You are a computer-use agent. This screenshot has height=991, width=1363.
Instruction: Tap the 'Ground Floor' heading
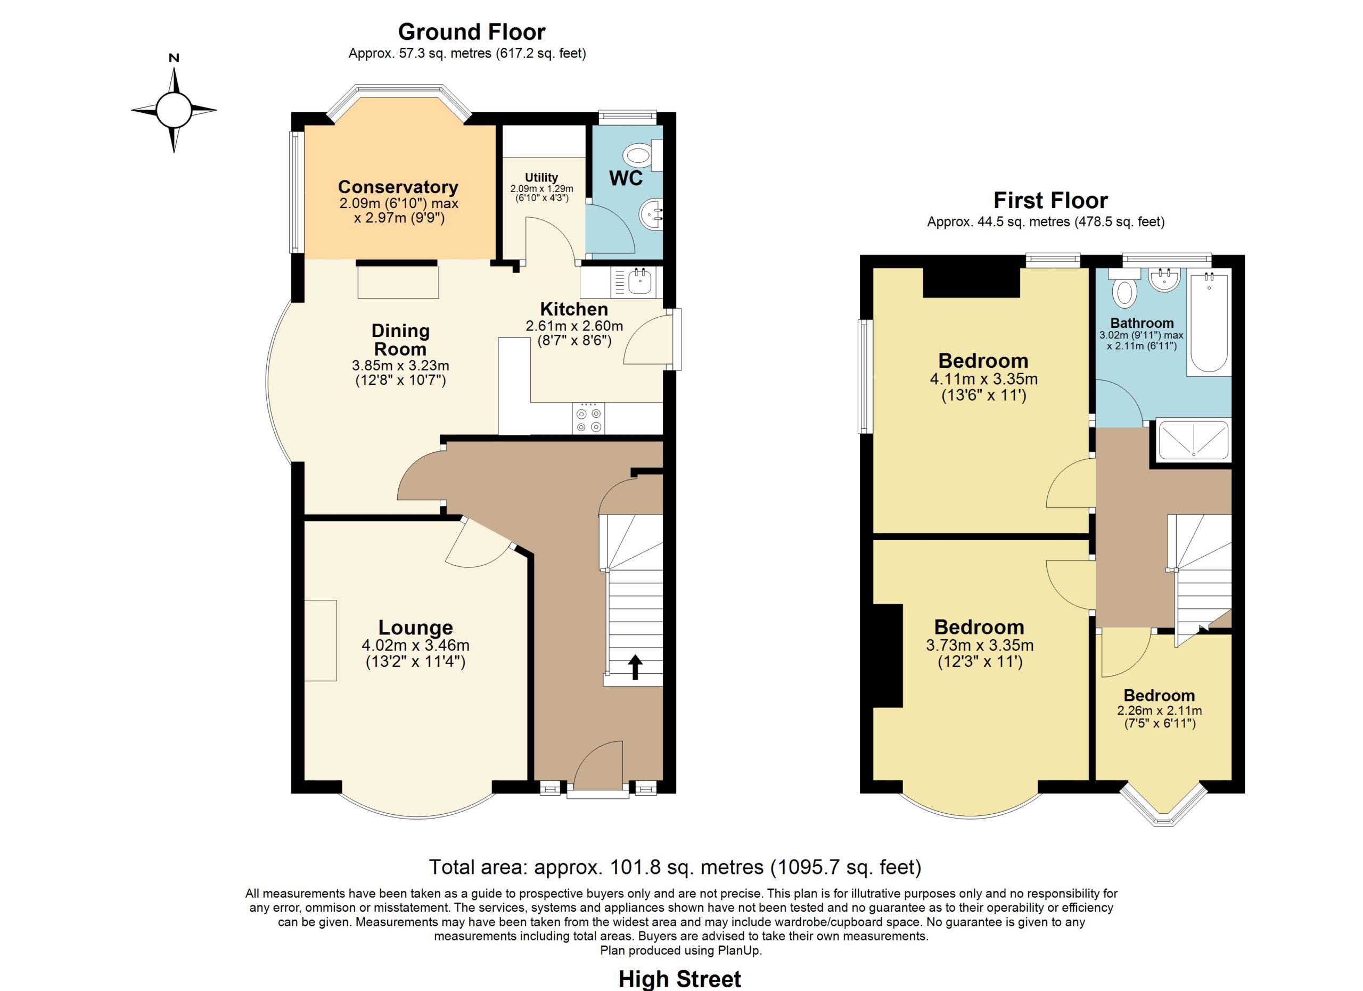[471, 31]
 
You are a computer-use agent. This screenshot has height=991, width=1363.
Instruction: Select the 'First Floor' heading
[1050, 200]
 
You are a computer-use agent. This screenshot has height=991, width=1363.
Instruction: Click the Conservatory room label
[398, 187]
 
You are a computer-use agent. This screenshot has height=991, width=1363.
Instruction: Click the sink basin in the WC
[650, 213]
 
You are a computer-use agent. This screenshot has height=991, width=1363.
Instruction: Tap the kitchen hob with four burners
[588, 418]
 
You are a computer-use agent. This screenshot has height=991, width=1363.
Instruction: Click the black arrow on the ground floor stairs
[635, 667]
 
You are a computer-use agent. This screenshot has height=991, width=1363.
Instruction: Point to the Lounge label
[415, 627]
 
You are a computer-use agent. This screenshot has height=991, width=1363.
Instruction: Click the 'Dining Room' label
[400, 340]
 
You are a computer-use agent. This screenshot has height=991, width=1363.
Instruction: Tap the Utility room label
[541, 177]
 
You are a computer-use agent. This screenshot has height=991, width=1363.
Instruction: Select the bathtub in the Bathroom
[1209, 322]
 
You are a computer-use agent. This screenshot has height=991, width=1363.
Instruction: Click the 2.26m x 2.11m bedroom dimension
[1159, 711]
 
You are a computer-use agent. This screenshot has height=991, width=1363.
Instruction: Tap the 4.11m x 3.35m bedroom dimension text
[983, 379]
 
